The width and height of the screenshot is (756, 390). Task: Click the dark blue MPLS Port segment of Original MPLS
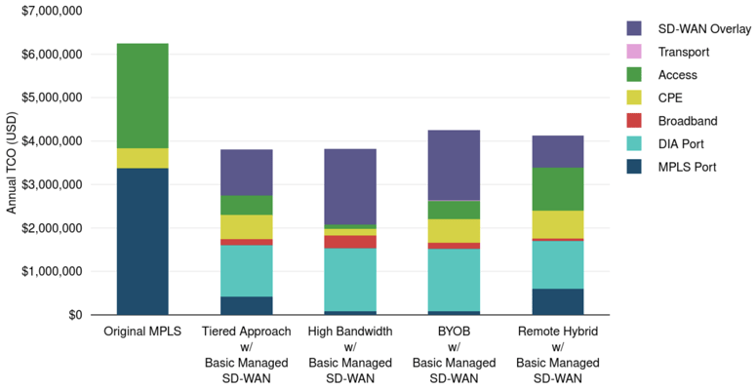142,241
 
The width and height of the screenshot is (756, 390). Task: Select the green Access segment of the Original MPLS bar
142,96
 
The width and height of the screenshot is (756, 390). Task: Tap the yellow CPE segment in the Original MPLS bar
142,158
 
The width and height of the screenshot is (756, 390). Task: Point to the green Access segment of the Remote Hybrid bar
556,189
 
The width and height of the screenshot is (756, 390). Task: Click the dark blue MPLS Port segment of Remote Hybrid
556,301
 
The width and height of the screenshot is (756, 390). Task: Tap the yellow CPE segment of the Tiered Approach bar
246,226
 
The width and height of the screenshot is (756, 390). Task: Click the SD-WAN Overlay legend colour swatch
634,29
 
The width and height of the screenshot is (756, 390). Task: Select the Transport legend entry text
684,52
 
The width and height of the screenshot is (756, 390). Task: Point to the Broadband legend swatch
634,121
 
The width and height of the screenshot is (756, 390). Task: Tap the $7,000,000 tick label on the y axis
50,10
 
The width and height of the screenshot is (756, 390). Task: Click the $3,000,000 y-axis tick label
50,184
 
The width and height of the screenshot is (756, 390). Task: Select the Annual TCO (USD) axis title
12,163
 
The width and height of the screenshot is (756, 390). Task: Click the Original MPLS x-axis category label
142,331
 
